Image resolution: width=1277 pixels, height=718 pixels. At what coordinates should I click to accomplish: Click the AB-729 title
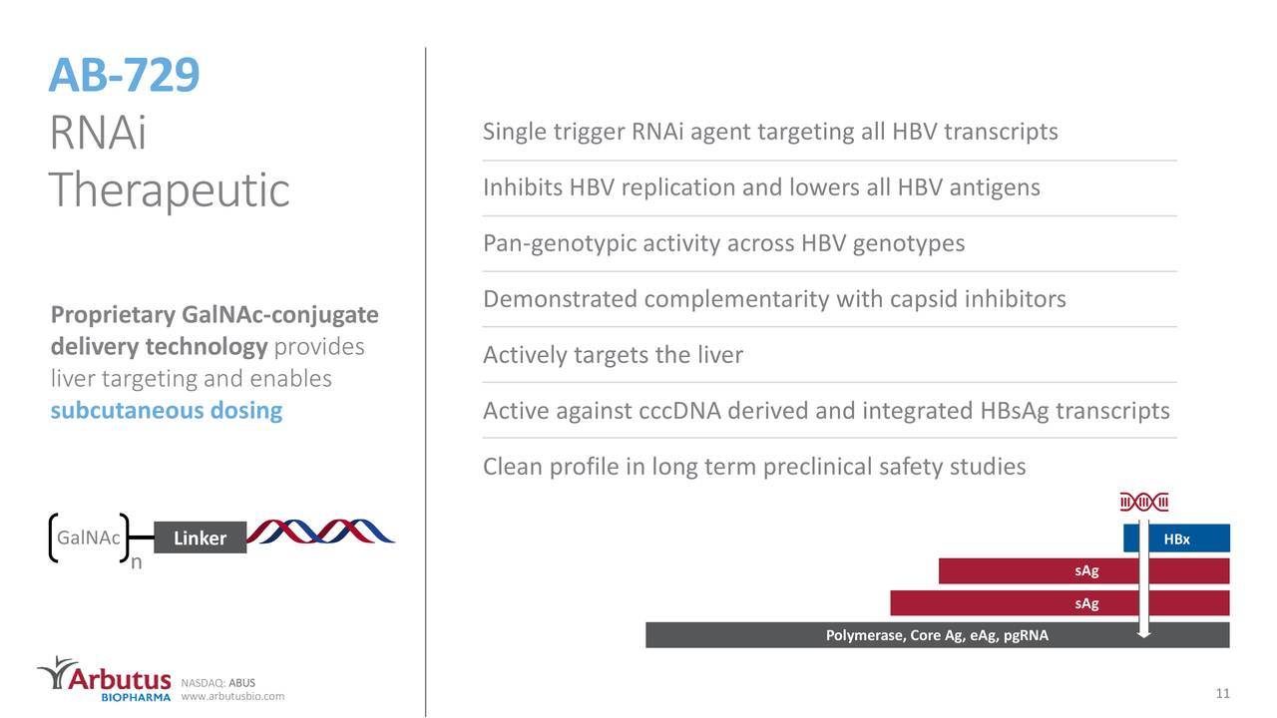pos(125,75)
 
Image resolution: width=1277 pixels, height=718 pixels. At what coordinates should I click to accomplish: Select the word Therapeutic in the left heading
pos(170,189)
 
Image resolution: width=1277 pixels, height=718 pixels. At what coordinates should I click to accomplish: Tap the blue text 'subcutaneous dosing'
pos(167,411)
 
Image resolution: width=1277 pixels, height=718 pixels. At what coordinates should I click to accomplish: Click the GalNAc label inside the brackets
pos(89,538)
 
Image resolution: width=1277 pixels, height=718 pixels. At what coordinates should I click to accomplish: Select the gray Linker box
pos(200,538)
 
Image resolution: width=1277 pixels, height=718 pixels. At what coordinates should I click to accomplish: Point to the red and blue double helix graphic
pos(320,532)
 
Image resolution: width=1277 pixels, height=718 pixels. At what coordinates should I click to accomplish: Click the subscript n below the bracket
pos(137,562)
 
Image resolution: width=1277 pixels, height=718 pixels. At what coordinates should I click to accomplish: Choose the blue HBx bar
pos(1176,538)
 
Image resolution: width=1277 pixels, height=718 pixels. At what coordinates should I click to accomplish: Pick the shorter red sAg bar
pos(1083,570)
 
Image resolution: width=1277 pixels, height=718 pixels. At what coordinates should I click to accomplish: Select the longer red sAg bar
pos(1059,603)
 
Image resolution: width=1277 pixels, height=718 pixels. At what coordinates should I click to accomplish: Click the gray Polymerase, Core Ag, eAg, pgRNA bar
pos(937,635)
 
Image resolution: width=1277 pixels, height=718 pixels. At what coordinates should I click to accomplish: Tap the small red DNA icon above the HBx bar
pos(1144,501)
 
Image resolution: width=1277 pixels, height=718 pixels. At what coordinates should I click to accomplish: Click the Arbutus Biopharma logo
pos(105,678)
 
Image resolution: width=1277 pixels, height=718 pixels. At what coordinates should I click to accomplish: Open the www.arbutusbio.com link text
pos(232,696)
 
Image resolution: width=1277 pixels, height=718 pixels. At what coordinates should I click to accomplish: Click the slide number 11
pos(1221,693)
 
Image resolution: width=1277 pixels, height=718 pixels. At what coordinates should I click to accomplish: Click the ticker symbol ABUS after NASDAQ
pos(242,683)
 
